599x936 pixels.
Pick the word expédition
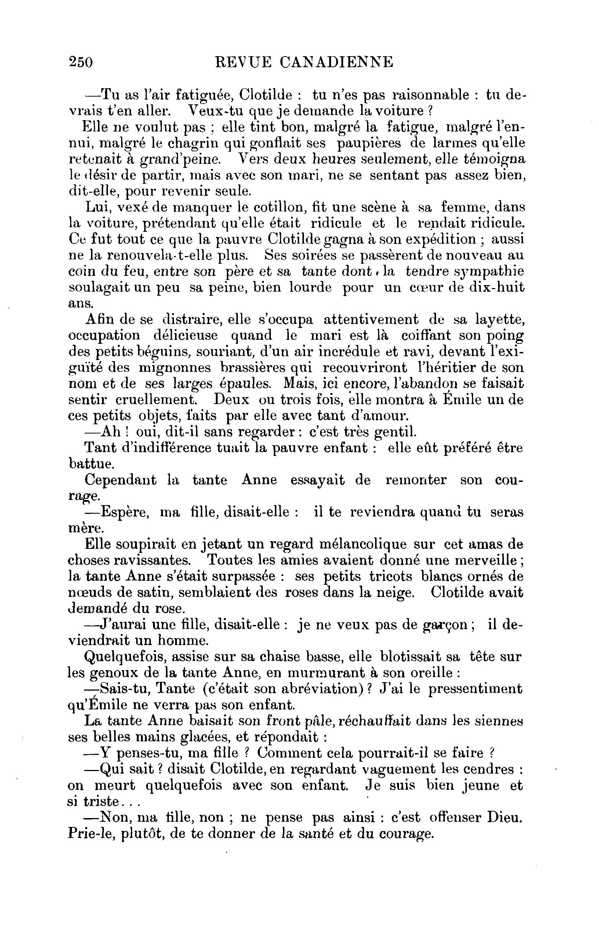click(440, 239)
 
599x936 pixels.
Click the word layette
click(500, 319)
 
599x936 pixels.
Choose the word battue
click(91, 464)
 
